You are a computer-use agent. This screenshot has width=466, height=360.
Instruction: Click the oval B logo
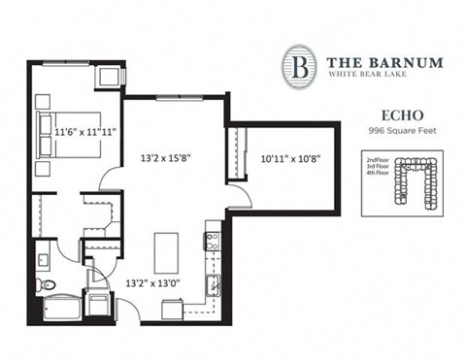[x=298, y=66]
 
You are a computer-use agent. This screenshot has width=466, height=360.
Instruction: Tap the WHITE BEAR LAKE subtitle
[x=370, y=76]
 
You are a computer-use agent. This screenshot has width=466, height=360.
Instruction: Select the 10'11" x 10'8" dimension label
[x=286, y=156]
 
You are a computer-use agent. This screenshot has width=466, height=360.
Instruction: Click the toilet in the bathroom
[x=45, y=285]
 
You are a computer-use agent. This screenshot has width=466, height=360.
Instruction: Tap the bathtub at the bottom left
[x=60, y=310]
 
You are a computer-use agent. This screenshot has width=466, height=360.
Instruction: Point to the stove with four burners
[x=213, y=239]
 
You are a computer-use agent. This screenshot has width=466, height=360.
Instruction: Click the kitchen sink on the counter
[x=213, y=285]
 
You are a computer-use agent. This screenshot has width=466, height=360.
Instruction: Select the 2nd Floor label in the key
[x=378, y=157]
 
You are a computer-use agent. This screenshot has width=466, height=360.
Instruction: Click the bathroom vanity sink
[x=44, y=259]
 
